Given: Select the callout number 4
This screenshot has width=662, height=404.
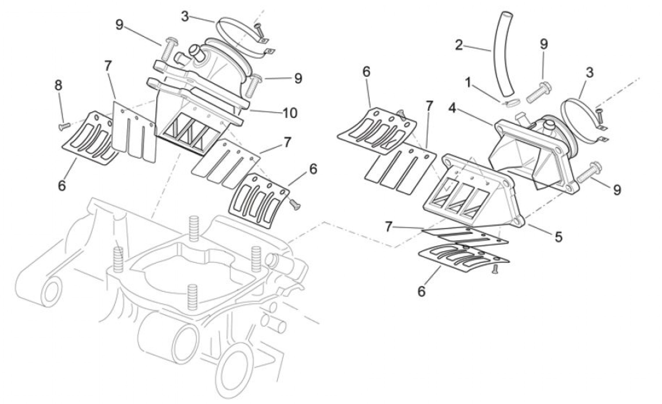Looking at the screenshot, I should point(452,109).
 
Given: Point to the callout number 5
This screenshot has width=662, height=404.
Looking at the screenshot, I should point(558,237).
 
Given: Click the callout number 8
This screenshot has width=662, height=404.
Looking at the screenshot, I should point(58,86).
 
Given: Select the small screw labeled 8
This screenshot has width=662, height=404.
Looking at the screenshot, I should point(64,126).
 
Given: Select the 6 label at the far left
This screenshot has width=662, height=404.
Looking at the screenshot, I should point(62,185).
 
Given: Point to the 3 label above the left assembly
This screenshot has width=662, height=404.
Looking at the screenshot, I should point(185,17).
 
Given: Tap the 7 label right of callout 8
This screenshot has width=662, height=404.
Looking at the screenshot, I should point(107,67).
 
